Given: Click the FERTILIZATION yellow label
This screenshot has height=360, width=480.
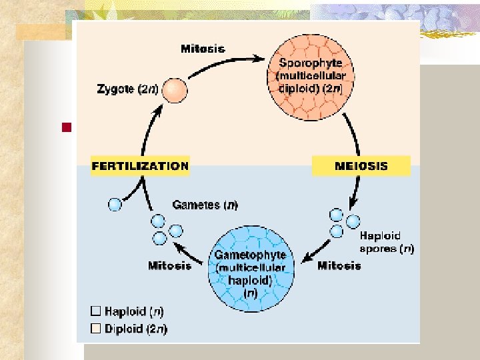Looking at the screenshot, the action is click(140, 165).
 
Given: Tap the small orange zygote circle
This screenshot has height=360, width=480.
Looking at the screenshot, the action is click(175, 89).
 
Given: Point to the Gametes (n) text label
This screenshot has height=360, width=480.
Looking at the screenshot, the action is click(205, 205).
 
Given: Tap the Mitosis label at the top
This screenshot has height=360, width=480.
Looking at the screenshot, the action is click(203, 48).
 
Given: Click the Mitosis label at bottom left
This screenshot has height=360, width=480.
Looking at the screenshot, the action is click(169, 265).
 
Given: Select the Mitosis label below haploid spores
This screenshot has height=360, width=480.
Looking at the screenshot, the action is click(339, 265).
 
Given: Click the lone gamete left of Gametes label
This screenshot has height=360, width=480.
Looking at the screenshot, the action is click(116, 205).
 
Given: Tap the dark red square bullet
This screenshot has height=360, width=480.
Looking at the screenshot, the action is click(65, 127).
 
